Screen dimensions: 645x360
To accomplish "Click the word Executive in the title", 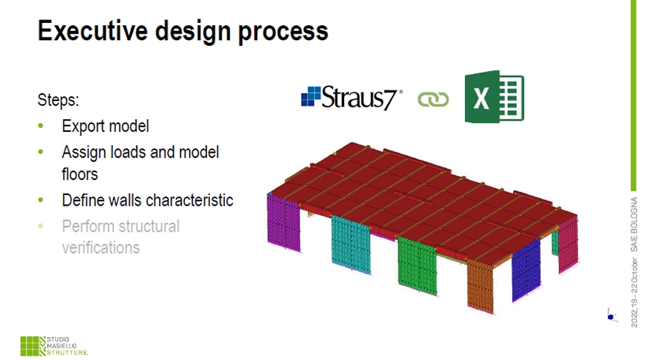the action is [x=92, y=30].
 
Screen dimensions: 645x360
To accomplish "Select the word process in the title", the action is [x=283, y=32].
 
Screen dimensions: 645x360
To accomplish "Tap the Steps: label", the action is [x=58, y=100].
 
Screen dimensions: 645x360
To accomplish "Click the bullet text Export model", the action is [x=105, y=126].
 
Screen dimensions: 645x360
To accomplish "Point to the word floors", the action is [x=80, y=174].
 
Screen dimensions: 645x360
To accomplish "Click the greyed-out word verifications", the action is [x=101, y=247].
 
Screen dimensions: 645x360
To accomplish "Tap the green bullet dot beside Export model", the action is [x=40, y=126].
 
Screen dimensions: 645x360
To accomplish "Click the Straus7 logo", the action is [x=352, y=98].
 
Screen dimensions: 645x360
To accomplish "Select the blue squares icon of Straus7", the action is [x=310, y=96].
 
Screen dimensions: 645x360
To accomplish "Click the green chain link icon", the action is [x=433, y=99].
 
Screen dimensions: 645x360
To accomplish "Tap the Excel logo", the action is [x=494, y=97].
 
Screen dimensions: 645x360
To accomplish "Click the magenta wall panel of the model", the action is [x=283, y=222].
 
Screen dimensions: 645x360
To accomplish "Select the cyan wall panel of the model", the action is [x=351, y=245].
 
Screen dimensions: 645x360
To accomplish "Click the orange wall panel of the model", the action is [x=480, y=286].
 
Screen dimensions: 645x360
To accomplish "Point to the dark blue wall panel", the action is [x=526, y=270].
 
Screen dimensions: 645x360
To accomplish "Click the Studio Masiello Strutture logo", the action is [x=54, y=346].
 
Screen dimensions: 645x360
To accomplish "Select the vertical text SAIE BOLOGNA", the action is [x=634, y=224].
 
